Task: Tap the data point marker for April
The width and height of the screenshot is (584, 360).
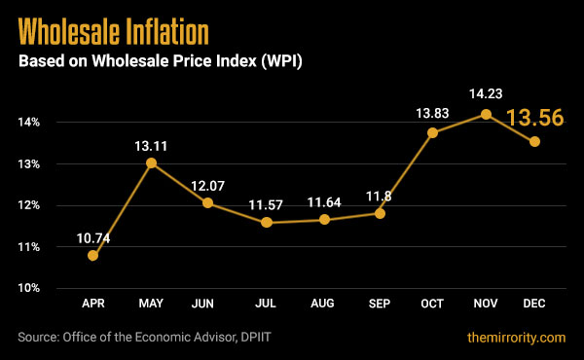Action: [93, 256]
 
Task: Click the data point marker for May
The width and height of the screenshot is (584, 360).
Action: [151, 162]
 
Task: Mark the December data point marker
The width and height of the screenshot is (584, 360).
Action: [534, 142]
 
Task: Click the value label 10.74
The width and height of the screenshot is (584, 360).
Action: [95, 236]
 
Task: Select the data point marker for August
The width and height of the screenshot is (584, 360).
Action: [324, 220]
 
